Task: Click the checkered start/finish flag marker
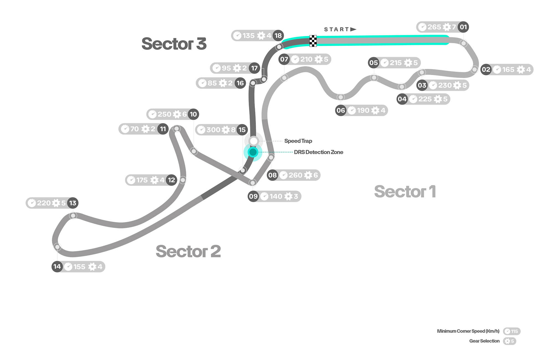313,41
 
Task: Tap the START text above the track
337,29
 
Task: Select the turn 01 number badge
463,27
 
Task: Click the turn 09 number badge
253,196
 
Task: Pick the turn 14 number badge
57,267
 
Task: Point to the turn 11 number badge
163,129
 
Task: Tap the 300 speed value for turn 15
213,130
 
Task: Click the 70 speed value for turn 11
134,129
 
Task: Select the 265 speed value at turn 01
434,27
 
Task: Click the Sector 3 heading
174,44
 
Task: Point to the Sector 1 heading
405,191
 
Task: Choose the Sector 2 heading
188,251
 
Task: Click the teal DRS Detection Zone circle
253,152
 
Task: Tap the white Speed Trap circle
253,141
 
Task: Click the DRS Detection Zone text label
318,152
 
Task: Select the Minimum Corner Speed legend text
468,331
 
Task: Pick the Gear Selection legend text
484,341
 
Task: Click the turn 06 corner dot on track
341,97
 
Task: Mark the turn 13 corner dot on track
73,215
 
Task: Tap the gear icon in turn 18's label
261,36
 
